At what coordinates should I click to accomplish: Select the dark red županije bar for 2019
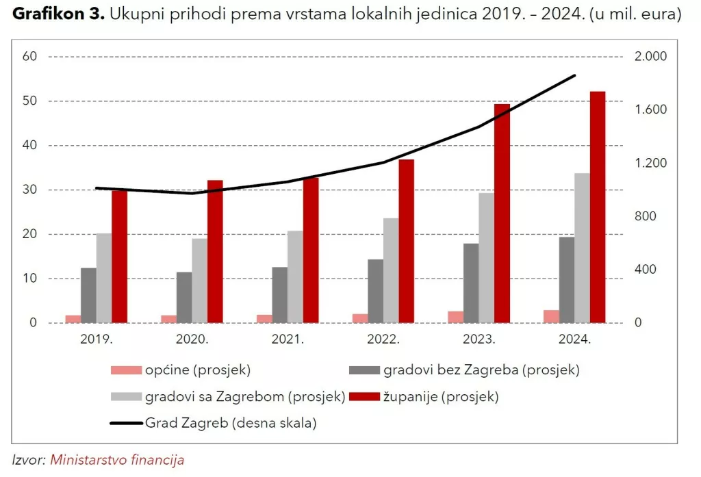pos(120,257)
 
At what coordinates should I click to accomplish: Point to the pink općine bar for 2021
pos(264,318)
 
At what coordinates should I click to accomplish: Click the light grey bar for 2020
pos(199,281)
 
